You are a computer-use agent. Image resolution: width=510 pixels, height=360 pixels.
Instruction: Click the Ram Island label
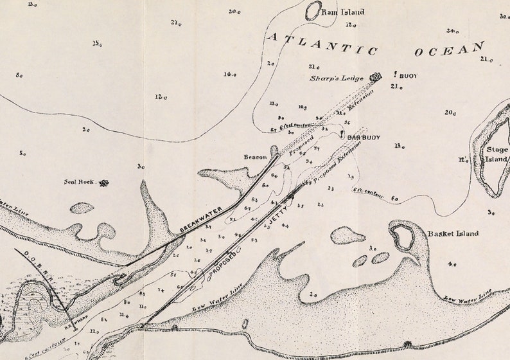[x=343, y=12]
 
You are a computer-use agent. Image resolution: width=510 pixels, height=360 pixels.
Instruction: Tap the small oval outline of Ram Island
[x=313, y=11]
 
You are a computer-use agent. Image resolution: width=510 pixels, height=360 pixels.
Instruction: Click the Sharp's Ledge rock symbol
[x=375, y=77]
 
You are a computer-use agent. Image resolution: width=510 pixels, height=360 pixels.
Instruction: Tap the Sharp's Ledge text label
[x=337, y=78]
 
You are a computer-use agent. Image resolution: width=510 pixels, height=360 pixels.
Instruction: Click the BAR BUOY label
[x=364, y=138]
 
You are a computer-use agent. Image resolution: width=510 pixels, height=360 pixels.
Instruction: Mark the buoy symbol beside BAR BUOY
[x=342, y=135]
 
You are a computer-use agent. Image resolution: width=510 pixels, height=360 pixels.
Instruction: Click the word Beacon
[x=255, y=157]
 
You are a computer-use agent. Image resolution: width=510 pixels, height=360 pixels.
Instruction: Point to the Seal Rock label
[x=78, y=182]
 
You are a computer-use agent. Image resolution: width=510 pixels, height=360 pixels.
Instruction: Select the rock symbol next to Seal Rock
[x=103, y=183]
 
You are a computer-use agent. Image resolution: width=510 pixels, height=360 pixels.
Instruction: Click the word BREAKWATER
[x=201, y=220]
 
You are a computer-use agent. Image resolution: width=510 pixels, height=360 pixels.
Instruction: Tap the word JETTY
[x=279, y=213]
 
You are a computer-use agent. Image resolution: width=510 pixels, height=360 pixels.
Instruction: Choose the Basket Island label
[x=452, y=233]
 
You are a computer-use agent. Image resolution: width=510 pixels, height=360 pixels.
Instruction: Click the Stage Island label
[x=497, y=154]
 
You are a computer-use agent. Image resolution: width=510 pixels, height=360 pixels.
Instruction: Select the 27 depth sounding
[x=176, y=23]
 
